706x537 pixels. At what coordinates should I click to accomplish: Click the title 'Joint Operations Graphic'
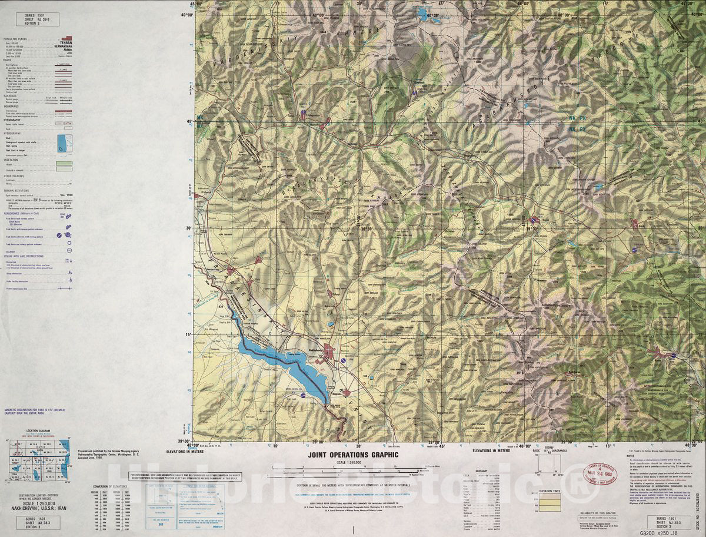click(353, 455)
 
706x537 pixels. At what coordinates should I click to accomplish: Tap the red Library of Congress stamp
click(601, 473)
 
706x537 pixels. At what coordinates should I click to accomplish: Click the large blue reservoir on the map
click(282, 361)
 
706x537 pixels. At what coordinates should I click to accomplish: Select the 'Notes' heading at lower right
click(631, 455)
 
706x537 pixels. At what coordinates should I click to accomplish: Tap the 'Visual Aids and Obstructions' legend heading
click(24, 256)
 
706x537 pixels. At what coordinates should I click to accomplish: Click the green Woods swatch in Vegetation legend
click(64, 163)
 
